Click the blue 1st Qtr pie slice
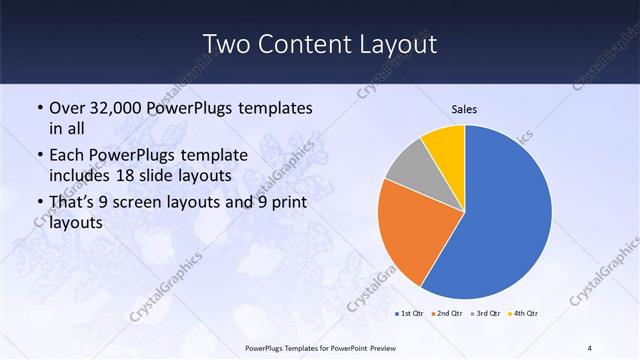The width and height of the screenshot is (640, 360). click(x=505, y=215)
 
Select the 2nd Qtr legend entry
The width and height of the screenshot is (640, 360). click(x=447, y=314)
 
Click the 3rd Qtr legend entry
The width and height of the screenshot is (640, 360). click(x=484, y=314)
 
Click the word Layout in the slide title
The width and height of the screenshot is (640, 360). click(x=398, y=44)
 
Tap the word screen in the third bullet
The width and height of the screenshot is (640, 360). click(x=165, y=204)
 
